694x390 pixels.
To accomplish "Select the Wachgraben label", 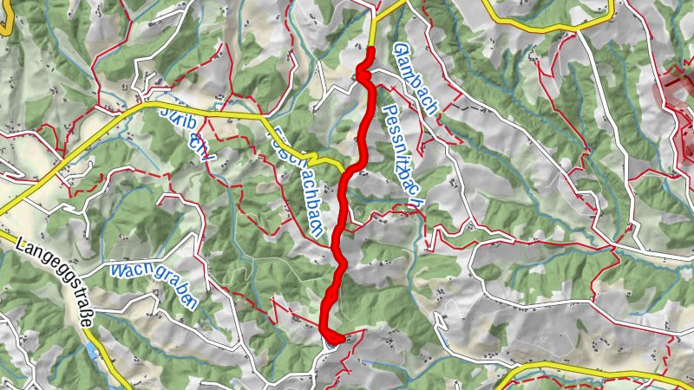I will (x=153, y=282).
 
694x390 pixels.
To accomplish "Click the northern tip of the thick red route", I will (x=370, y=50).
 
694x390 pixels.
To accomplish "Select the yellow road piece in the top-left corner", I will (x=4, y=26).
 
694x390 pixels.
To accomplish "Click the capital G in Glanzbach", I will (x=400, y=49).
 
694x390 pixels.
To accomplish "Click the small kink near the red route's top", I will (x=363, y=77).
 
